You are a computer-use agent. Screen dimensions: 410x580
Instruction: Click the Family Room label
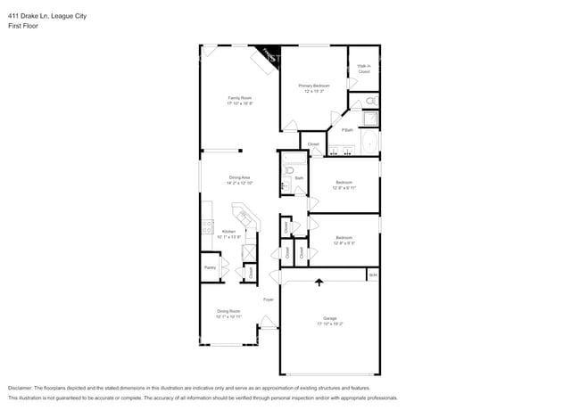pos(240,97)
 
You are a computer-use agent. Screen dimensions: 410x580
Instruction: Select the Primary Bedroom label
pos(312,86)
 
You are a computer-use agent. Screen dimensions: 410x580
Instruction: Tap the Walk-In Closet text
pos(363,68)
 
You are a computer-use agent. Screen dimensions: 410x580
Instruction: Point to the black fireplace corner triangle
pos(269,54)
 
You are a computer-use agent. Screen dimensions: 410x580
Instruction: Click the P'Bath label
pos(346,131)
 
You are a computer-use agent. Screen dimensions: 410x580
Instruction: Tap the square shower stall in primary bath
pos(369,119)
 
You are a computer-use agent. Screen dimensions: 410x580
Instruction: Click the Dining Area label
pos(240,177)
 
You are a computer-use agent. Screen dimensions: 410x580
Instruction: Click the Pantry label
pos(210,267)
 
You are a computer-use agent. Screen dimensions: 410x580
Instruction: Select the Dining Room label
pos(228,312)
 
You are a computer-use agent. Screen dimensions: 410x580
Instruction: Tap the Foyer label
pos(267,299)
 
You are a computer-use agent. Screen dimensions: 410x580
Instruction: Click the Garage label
pos(329,319)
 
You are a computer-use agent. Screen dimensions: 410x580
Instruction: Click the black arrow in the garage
pos(319,283)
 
